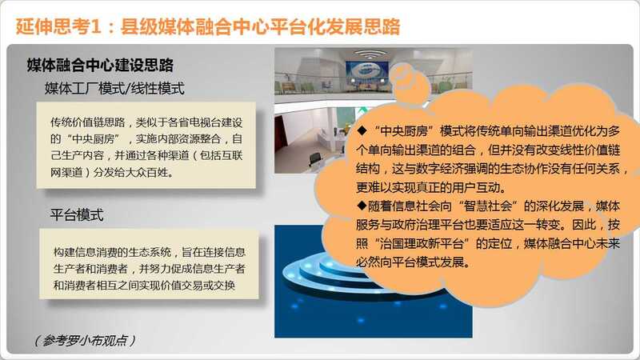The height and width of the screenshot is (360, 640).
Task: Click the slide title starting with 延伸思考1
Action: [x=208, y=26]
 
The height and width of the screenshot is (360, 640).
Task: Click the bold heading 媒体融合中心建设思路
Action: [x=100, y=66]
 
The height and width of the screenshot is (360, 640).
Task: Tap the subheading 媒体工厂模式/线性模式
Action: [x=114, y=88]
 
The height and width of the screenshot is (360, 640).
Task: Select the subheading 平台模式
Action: [x=76, y=214]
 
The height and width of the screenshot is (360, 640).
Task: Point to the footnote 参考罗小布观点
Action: [x=85, y=341]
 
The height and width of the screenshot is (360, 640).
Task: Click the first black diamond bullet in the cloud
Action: [x=362, y=130]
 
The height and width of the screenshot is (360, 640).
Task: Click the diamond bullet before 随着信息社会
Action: [x=362, y=206]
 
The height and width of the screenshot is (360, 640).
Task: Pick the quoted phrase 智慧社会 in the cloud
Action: [x=488, y=206]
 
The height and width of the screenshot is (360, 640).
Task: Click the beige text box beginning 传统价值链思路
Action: [x=146, y=146]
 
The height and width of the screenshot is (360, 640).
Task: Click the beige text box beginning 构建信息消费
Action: [x=149, y=264]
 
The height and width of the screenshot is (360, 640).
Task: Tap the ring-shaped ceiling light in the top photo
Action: [x=370, y=54]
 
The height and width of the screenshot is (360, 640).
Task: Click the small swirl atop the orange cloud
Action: [x=409, y=82]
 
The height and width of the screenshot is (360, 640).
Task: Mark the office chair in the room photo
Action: [x=315, y=160]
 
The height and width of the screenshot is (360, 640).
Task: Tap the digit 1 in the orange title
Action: [x=95, y=26]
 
